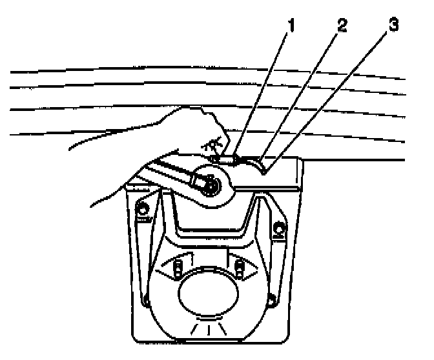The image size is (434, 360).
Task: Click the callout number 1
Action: point(291,26)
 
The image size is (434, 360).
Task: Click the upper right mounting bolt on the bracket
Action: point(280,227)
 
